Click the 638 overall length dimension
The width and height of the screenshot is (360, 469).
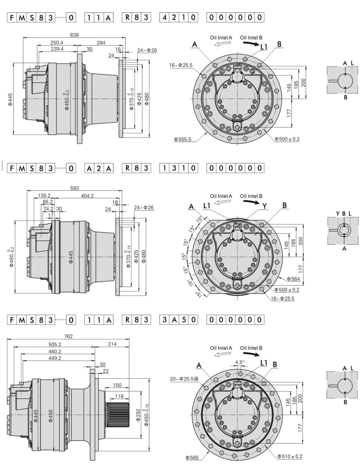coord(74,35)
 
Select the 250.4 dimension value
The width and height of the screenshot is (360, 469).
coord(57,43)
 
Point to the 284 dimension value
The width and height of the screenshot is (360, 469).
coord(101,43)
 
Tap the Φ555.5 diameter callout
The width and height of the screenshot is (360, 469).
coord(182,139)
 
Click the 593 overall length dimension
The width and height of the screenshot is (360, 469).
coord(75,188)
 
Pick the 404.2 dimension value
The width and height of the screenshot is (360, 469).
coord(87,196)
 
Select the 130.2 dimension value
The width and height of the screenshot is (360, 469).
coord(44,196)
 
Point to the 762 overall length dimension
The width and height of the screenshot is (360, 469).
coord(68,336)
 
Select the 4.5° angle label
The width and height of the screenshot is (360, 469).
coord(239,362)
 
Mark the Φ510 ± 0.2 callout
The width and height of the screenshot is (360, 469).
coord(290,456)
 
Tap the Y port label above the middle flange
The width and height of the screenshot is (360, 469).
coord(265,206)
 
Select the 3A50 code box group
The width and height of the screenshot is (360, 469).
coord(179,320)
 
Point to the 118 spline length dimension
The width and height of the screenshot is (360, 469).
coord(119,396)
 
